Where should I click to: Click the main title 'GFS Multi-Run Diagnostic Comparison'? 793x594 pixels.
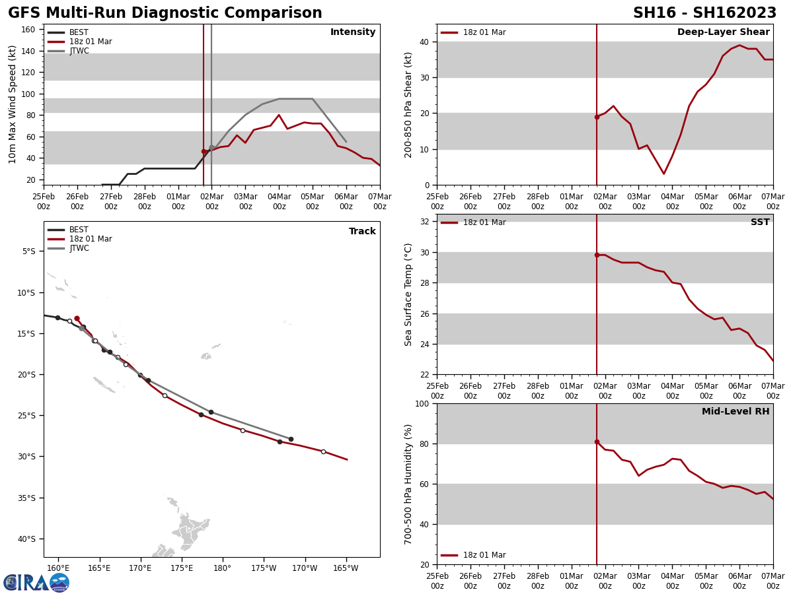[x=165, y=13]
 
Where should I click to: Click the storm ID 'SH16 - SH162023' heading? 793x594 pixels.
[x=704, y=13]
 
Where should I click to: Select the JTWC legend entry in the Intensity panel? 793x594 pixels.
[x=77, y=51]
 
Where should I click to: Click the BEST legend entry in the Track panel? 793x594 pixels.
[x=78, y=230]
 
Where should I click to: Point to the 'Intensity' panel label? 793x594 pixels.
[x=353, y=32]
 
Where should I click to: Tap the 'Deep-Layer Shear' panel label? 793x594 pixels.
[x=723, y=32]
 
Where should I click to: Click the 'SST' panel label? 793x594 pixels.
[x=759, y=222]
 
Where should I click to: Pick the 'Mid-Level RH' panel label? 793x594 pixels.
[x=735, y=412]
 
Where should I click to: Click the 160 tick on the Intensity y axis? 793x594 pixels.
[x=28, y=30]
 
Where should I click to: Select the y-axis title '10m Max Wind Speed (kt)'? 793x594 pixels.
[x=13, y=104]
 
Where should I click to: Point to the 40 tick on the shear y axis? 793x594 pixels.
[x=423, y=42]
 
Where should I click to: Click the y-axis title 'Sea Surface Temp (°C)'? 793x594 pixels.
[x=409, y=294]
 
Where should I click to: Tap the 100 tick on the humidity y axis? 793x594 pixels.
[x=420, y=403]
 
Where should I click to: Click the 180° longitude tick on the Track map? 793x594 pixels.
[x=222, y=568]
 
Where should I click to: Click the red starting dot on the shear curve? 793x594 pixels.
[x=597, y=117]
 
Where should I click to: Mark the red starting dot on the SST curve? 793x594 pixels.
[x=597, y=255]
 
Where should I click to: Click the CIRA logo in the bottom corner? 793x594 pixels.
[x=36, y=583]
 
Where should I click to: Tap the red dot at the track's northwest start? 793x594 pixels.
[x=77, y=318]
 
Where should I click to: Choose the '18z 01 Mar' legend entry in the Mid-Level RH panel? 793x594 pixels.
[x=484, y=555]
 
